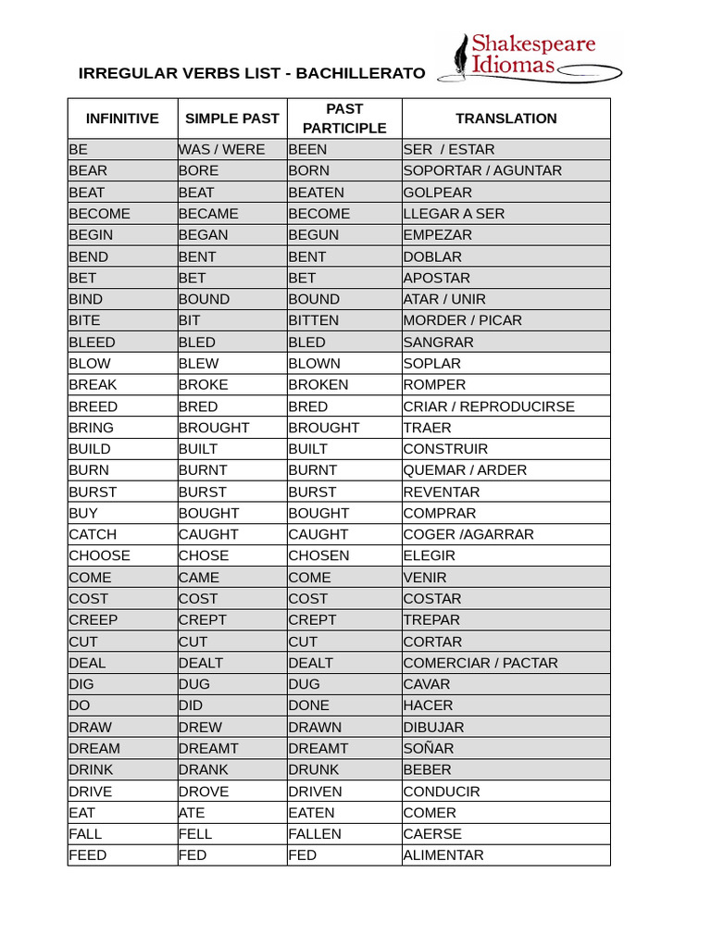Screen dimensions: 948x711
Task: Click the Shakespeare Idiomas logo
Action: click(x=530, y=57)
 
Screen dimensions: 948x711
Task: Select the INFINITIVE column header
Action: click(x=122, y=118)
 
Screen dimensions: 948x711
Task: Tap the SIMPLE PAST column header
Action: click(x=232, y=118)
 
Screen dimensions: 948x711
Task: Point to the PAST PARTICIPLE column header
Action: click(x=344, y=118)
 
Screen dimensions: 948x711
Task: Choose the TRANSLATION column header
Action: click(x=506, y=118)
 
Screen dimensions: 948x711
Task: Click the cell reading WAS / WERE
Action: click(x=222, y=150)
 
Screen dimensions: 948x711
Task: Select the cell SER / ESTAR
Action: click(x=449, y=150)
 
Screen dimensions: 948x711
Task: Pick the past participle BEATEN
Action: click(x=316, y=193)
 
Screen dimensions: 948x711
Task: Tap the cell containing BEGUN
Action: click(x=314, y=235)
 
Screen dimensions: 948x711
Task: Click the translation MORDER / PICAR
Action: click(x=463, y=320)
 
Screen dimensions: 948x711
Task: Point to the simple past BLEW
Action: click(x=199, y=364)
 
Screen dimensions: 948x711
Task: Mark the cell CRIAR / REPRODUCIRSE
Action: click(x=489, y=406)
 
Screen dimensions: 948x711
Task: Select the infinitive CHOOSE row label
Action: click(x=100, y=556)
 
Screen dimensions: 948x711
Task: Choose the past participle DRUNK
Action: click(x=314, y=770)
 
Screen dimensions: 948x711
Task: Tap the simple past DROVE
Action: click(x=204, y=792)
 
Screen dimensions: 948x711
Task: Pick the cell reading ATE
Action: click(x=192, y=813)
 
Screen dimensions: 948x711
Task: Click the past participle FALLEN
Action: click(x=315, y=834)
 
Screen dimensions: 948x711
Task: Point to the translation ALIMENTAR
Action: click(x=443, y=855)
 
